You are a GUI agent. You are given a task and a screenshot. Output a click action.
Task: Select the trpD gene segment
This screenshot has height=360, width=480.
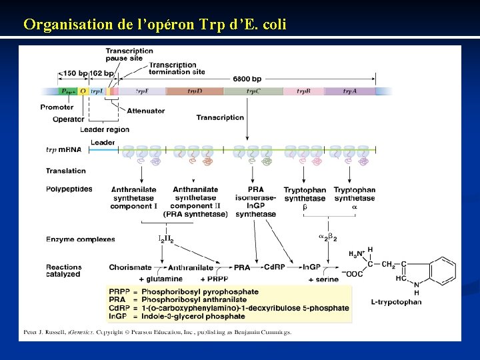pyautogui.click(x=194, y=91)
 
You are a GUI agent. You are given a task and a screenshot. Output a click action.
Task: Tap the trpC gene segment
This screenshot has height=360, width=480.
pyautogui.click(x=253, y=91)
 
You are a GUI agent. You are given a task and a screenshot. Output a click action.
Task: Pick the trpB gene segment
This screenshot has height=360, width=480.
pyautogui.click(x=304, y=91)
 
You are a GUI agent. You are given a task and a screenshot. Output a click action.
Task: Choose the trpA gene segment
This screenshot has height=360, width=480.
pyautogui.click(x=349, y=91)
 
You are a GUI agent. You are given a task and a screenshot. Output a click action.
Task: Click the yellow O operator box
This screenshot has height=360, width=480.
pyautogui.click(x=83, y=91)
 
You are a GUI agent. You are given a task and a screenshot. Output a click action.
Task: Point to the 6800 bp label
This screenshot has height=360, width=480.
pyautogui.click(x=247, y=79)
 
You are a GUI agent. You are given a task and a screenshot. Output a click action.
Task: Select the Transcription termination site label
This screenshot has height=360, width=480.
pyautogui.click(x=176, y=68)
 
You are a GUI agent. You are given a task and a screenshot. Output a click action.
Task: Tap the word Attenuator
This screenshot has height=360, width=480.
pyautogui.click(x=146, y=111)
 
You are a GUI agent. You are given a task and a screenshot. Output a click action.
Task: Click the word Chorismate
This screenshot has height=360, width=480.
pyautogui.click(x=130, y=267)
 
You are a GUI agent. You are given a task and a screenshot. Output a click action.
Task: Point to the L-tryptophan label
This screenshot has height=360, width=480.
pyautogui.click(x=396, y=302)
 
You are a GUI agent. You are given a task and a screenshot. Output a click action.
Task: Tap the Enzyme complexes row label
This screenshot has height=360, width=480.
pyautogui.click(x=80, y=239)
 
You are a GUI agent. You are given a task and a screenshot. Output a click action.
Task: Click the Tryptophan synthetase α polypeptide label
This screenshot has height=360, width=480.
pyautogui.click(x=355, y=198)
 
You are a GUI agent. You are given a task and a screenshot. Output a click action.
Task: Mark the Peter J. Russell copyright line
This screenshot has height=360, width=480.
pyautogui.click(x=157, y=331)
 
